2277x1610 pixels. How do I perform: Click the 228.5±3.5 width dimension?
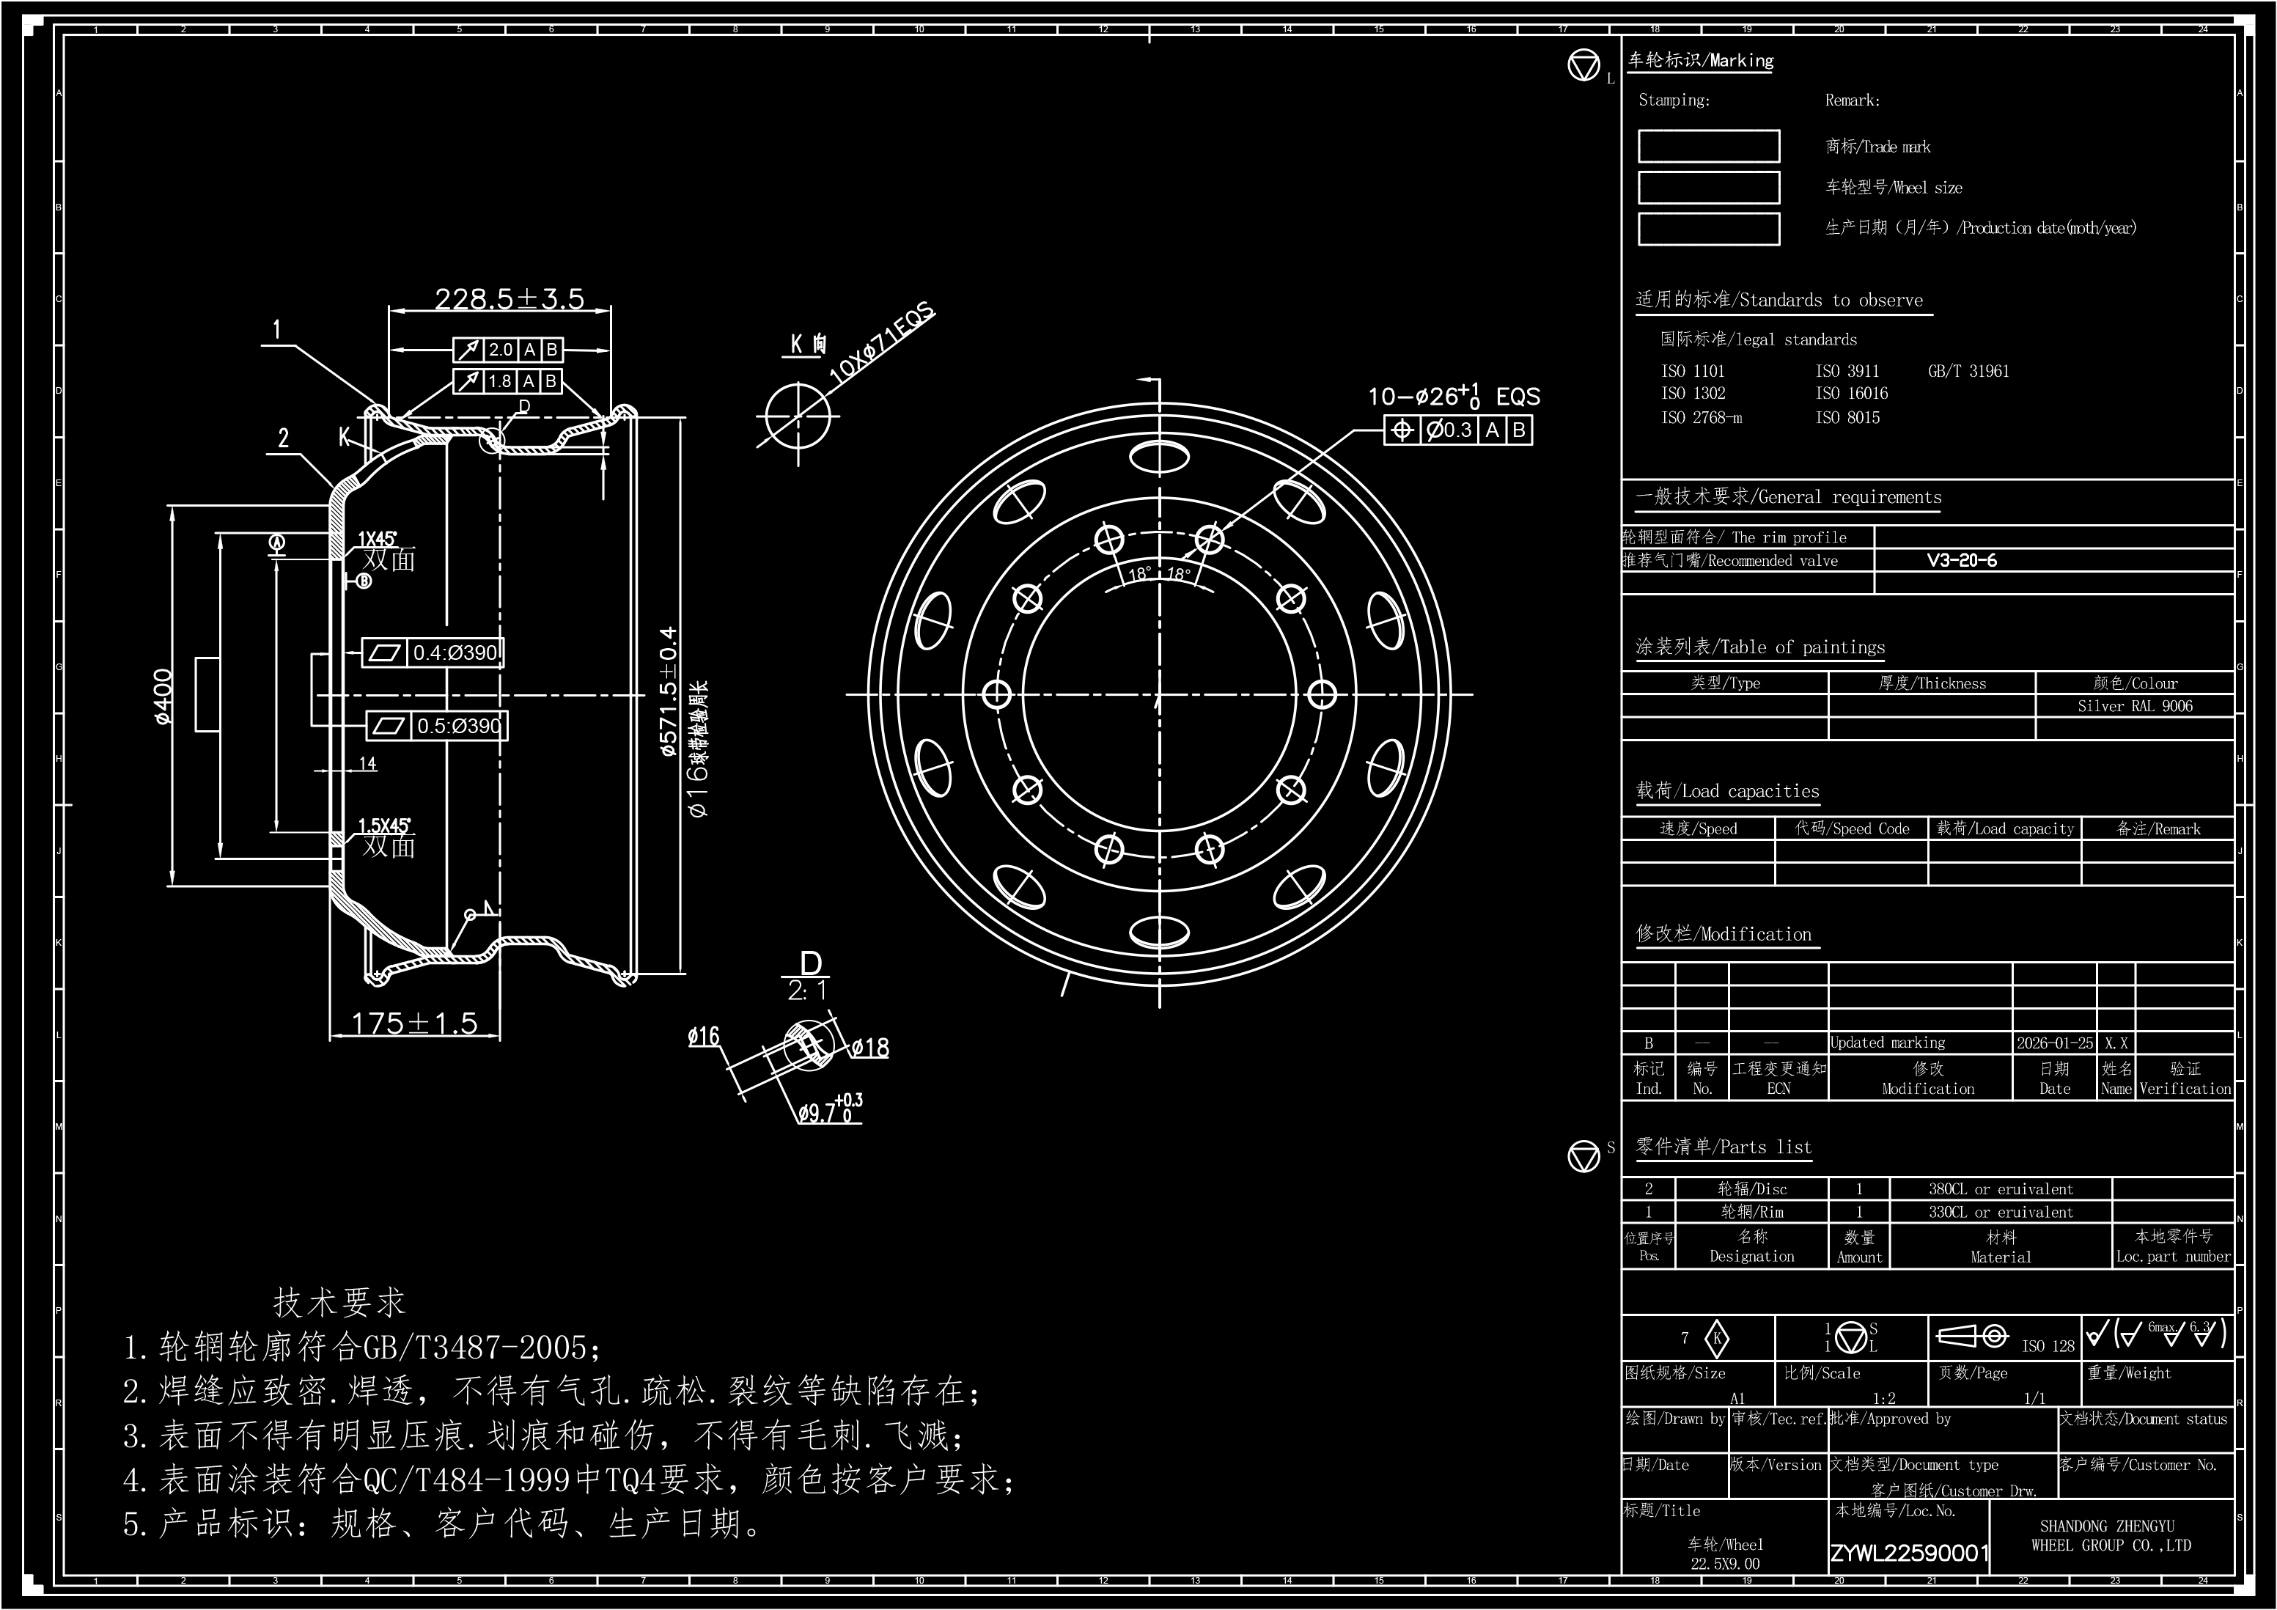point(509,298)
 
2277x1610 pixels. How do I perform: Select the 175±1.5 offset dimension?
point(414,1023)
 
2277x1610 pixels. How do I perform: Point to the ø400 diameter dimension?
point(163,696)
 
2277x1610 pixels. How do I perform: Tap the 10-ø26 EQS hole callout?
point(1453,397)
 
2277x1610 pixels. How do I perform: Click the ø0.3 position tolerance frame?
point(1458,430)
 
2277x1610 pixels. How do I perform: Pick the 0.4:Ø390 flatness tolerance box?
point(433,653)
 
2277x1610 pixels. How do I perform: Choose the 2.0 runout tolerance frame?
point(508,349)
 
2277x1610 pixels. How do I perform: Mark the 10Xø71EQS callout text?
point(880,343)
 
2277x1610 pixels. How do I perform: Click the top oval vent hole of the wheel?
point(1158,458)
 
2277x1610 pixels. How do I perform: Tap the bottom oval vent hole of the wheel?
point(1158,932)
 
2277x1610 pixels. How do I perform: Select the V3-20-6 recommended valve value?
point(1962,560)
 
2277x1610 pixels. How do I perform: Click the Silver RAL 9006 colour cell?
point(2134,706)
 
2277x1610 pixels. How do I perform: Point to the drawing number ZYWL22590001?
point(1909,1553)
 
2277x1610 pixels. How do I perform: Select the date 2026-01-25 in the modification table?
point(2054,1043)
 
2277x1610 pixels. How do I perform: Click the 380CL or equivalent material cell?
point(2001,1188)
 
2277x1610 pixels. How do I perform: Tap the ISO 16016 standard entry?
point(1852,394)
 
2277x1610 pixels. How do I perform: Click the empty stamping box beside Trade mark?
point(1708,146)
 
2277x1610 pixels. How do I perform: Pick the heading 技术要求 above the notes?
point(339,1303)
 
